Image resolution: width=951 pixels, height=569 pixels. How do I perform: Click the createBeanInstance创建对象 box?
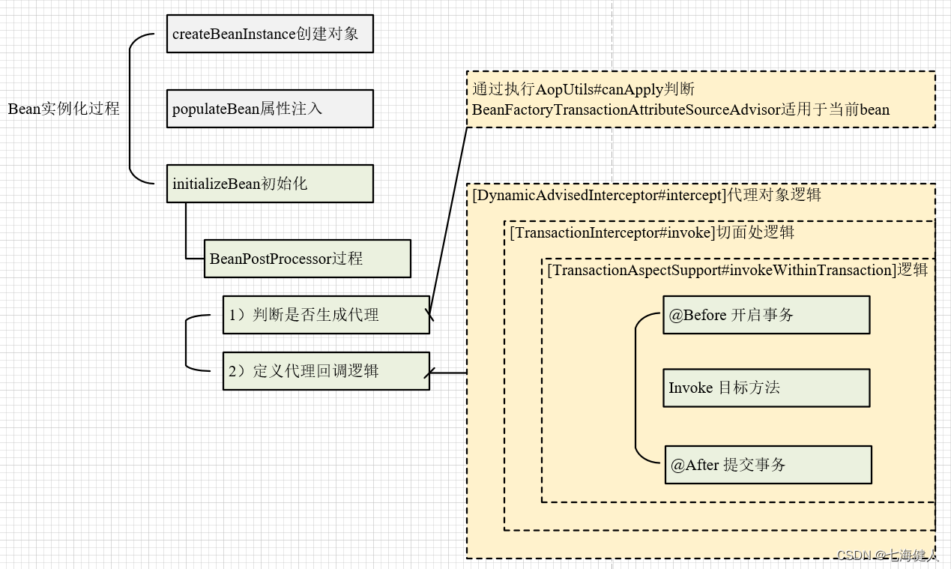[270, 34]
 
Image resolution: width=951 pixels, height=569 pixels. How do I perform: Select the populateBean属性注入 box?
[270, 109]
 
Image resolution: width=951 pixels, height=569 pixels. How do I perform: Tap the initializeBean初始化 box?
[270, 184]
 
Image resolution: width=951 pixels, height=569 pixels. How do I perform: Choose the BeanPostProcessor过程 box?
[307, 259]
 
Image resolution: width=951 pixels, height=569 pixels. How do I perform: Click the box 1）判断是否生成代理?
[326, 315]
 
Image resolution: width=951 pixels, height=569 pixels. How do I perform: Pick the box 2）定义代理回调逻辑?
[326, 371]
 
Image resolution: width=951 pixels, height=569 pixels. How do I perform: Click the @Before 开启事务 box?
[766, 315]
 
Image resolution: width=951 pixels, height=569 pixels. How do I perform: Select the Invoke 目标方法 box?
[766, 388]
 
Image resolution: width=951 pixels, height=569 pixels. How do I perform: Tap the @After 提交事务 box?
[768, 465]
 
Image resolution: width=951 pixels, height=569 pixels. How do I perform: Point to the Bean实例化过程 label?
[64, 109]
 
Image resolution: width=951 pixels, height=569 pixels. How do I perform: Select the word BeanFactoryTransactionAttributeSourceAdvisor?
[626, 110]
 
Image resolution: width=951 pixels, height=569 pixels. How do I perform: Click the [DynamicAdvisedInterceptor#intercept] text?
[600, 195]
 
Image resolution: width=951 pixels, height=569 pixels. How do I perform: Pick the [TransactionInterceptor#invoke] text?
[612, 232]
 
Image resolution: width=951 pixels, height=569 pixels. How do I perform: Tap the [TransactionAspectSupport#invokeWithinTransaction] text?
[722, 270]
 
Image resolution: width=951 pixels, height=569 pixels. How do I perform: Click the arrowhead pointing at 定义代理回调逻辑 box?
[429, 373]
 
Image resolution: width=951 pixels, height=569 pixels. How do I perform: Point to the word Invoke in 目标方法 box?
[690, 388]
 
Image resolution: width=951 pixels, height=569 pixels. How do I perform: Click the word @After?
[695, 465]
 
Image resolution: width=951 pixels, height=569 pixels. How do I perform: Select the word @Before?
[698, 315]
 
